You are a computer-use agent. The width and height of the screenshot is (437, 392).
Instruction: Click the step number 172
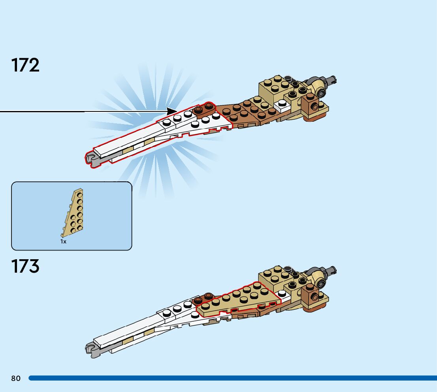[26, 65]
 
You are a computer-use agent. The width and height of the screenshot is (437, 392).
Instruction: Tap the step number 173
[26, 266]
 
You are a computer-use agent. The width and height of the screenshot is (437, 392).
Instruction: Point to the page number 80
[16, 379]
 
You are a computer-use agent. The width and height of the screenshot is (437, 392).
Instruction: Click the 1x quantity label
[63, 241]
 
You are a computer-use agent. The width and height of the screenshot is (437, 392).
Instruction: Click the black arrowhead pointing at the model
[172, 111]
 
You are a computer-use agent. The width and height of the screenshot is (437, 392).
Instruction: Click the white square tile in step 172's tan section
[282, 104]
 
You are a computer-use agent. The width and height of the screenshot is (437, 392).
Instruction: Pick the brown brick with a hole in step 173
[313, 297]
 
